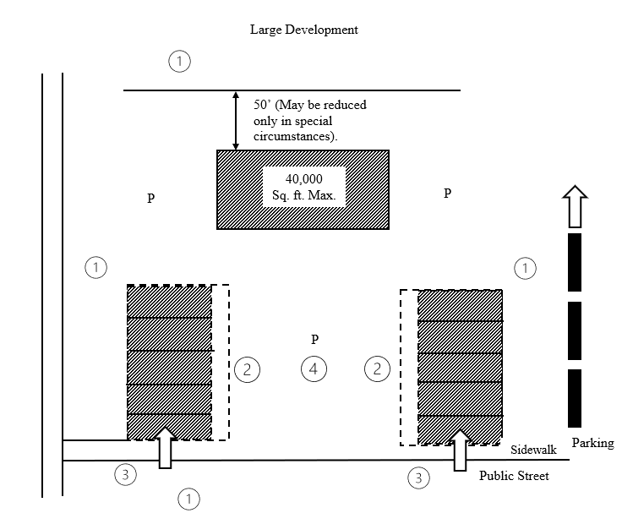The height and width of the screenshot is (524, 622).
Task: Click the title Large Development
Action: (x=303, y=30)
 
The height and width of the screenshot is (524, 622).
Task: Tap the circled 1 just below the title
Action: (x=179, y=61)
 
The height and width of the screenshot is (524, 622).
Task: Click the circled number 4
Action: (x=314, y=368)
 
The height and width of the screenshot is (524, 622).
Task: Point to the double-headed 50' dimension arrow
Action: (x=236, y=120)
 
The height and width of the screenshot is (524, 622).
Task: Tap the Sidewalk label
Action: (x=532, y=450)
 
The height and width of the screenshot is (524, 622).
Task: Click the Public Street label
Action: (x=514, y=476)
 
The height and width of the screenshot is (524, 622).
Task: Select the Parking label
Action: (x=592, y=443)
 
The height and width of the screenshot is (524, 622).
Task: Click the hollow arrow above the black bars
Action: (x=575, y=206)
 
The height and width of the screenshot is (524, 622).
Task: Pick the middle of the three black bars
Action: (x=575, y=330)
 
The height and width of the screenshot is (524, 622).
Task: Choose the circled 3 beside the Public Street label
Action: (x=418, y=478)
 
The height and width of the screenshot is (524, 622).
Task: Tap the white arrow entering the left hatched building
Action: (x=166, y=447)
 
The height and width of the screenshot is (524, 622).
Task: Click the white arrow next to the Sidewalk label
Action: (x=461, y=450)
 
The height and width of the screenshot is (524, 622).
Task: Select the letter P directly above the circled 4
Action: (x=314, y=340)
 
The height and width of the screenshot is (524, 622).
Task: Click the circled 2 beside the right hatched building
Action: (x=377, y=368)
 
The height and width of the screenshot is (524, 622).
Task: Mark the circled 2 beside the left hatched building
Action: (x=247, y=368)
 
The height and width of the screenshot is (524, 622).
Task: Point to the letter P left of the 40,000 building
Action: (x=150, y=199)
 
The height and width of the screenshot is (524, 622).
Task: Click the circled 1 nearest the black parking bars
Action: (x=526, y=268)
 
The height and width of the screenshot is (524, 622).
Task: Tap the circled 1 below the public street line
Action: (x=189, y=499)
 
